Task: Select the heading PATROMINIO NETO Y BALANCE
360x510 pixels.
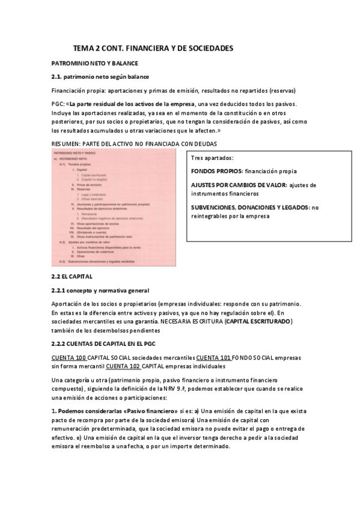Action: pyautogui.click(x=95, y=63)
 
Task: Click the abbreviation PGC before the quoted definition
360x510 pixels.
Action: pyautogui.click(x=58, y=104)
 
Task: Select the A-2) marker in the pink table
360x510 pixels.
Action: pyautogui.click(x=63, y=241)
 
